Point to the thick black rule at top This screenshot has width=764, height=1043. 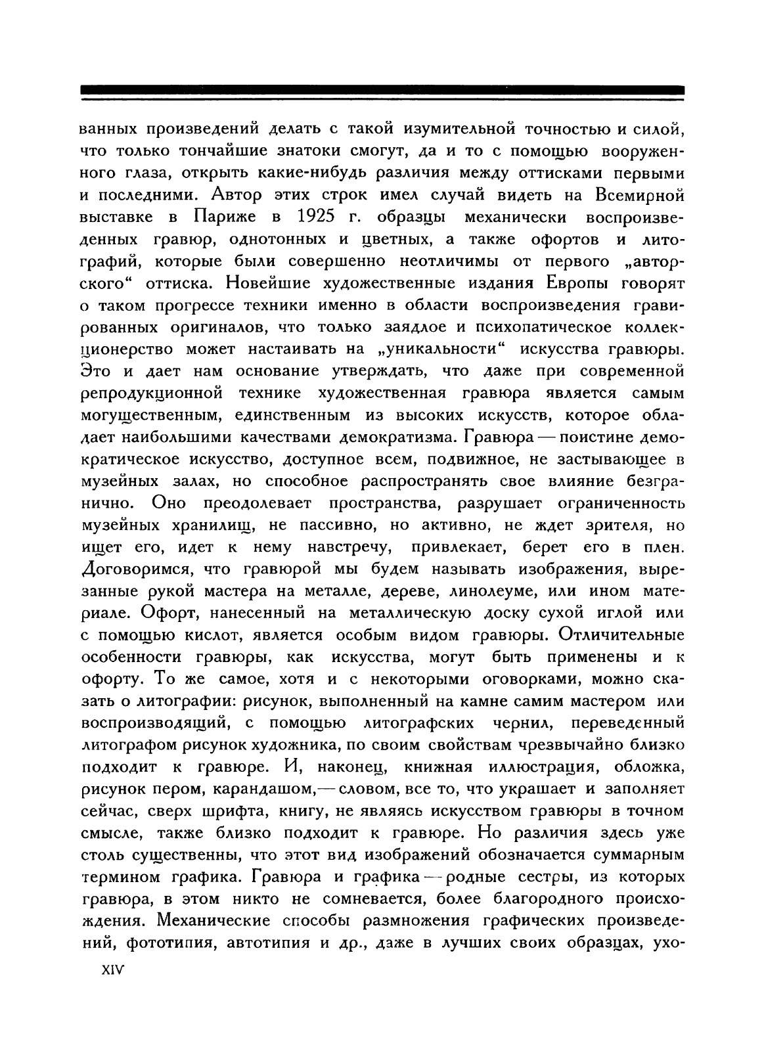(x=382, y=90)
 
